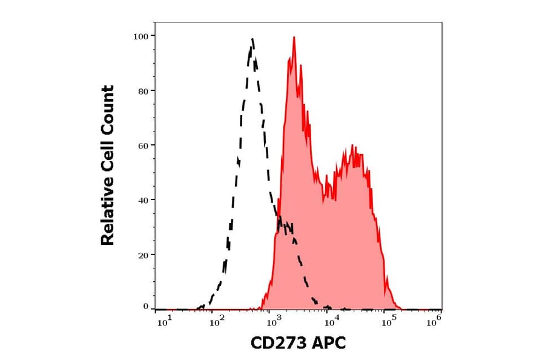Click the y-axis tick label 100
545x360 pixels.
tap(140, 36)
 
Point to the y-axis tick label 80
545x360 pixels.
tap(143, 91)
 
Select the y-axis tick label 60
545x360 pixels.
tap(143, 145)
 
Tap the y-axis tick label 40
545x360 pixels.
tap(143, 200)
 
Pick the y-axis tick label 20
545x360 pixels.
tap(143, 255)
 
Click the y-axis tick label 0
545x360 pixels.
tap(145, 307)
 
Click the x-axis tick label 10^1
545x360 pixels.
tap(165, 322)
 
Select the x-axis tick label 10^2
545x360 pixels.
tap(217, 322)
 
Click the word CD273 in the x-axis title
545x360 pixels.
tap(277, 343)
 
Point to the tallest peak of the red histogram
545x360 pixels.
tap(294, 38)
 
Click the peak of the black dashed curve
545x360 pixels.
tap(252, 39)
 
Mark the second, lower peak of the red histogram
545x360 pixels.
tap(352, 147)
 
